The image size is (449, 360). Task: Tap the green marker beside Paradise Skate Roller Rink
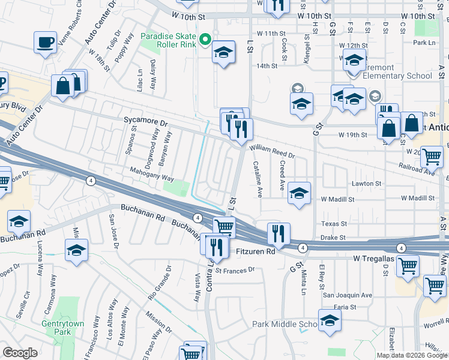click(x=205, y=40)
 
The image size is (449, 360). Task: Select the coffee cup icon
click(x=46, y=43)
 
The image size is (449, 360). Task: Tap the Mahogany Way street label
click(x=152, y=178)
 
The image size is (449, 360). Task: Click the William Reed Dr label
click(x=273, y=150)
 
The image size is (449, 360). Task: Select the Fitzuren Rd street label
click(x=255, y=251)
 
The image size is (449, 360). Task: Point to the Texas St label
click(x=334, y=223)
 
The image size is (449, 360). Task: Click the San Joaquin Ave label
click(x=348, y=295)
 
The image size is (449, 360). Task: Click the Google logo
click(x=21, y=353)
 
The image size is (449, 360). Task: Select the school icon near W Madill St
click(x=299, y=193)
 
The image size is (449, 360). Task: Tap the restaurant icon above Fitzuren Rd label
click(x=277, y=232)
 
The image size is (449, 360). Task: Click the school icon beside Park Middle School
click(x=330, y=322)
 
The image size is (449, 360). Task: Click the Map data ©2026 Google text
click(x=412, y=355)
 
